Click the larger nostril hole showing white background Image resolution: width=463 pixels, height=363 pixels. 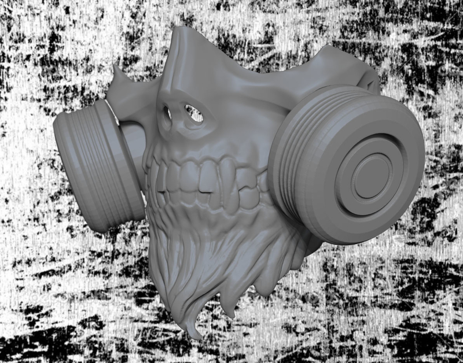pos(193,113)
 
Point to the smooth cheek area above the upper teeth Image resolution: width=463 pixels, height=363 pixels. pos(231,139)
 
